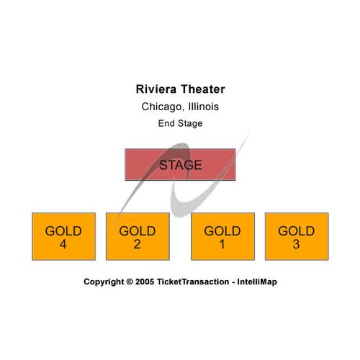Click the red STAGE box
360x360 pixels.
click(180, 165)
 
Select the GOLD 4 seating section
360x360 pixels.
click(64, 236)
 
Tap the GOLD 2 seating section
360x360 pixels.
click(138, 236)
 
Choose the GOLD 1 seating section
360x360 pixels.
click(222, 236)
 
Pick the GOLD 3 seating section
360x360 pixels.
click(297, 236)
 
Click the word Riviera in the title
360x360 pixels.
click(156, 89)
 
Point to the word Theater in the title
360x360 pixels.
click(203, 89)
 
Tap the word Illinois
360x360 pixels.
click(204, 107)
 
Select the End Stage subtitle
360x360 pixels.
click(180, 123)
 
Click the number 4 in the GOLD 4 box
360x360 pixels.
click(63, 244)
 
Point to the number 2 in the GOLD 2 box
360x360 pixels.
click(137, 244)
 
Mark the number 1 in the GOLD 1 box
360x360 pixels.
click(222, 244)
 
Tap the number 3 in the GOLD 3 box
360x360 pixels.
click(296, 244)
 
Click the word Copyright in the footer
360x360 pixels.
click(104, 282)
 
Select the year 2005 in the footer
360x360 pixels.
click(145, 282)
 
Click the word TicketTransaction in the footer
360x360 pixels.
click(193, 282)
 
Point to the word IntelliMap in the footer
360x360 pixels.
click(257, 282)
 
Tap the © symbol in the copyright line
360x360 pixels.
click(130, 282)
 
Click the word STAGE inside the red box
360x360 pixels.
click(181, 165)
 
